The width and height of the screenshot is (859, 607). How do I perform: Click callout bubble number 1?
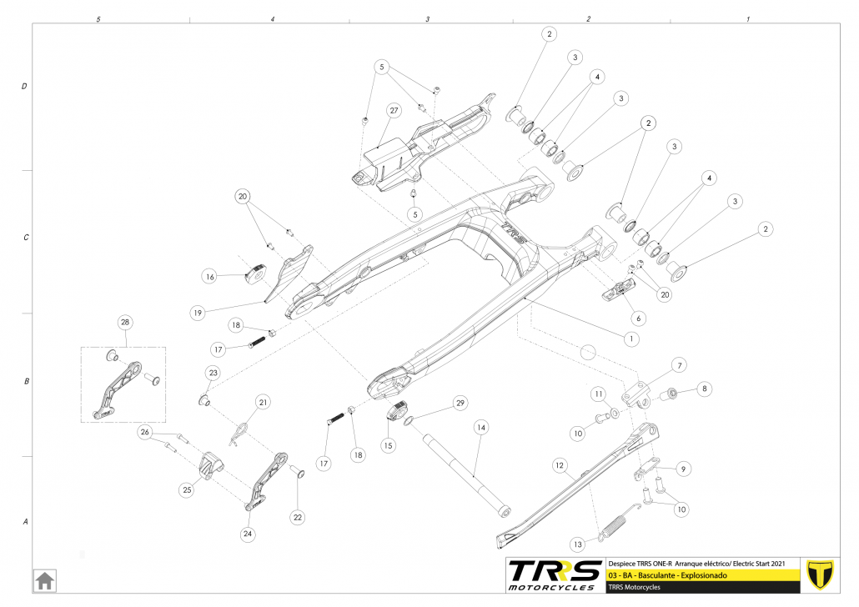[631, 339]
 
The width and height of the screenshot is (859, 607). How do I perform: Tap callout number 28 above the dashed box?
[125, 323]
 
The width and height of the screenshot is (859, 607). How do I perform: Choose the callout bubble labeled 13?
[578, 544]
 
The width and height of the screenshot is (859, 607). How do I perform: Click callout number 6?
[638, 318]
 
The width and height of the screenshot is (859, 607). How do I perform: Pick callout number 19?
[197, 313]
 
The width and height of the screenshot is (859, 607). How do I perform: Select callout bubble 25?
[187, 490]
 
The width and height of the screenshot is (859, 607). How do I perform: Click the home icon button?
[44, 579]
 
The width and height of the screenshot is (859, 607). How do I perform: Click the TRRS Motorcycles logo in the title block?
[555, 574]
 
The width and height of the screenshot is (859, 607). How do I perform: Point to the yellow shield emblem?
[822, 574]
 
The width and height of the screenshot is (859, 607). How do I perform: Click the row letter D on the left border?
[24, 87]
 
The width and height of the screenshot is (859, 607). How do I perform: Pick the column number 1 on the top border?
[748, 18]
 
